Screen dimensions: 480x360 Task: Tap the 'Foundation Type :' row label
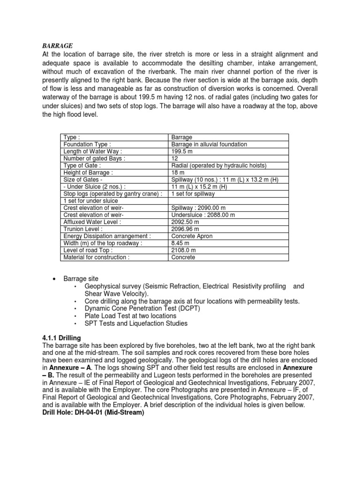coord(87,144)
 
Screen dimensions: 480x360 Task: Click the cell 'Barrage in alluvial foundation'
coord(209,144)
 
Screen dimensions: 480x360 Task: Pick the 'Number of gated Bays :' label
coord(93,158)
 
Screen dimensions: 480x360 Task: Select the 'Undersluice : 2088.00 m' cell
coord(203,215)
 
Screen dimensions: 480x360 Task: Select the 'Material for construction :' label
coord(96,257)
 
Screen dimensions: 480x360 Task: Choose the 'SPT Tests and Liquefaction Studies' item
coord(136,323)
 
